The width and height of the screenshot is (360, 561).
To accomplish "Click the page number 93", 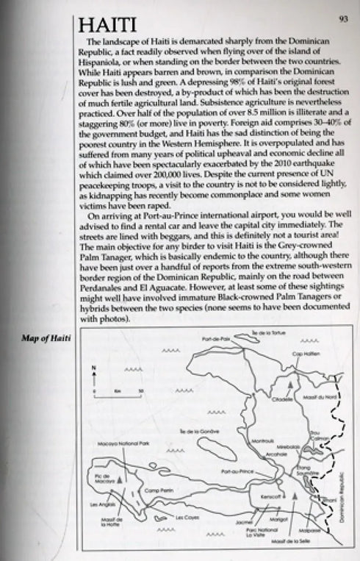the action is click(343, 18).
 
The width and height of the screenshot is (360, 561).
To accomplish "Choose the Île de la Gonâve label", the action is click(193, 431).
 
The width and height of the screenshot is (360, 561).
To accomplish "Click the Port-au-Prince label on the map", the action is click(235, 469).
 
